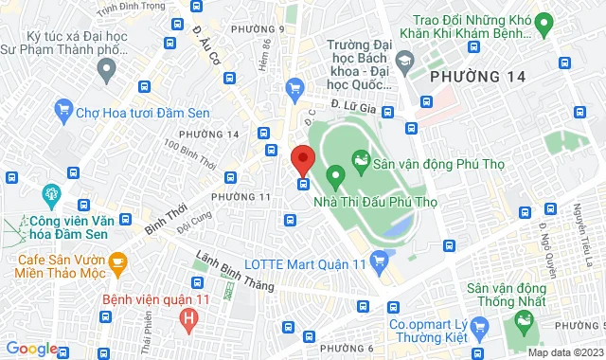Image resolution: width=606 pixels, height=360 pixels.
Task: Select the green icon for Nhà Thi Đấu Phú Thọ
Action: (x=334, y=175)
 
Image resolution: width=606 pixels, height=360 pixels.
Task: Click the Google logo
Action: (x=31, y=349)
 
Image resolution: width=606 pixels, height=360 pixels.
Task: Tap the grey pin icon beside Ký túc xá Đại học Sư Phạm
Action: (x=107, y=67)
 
